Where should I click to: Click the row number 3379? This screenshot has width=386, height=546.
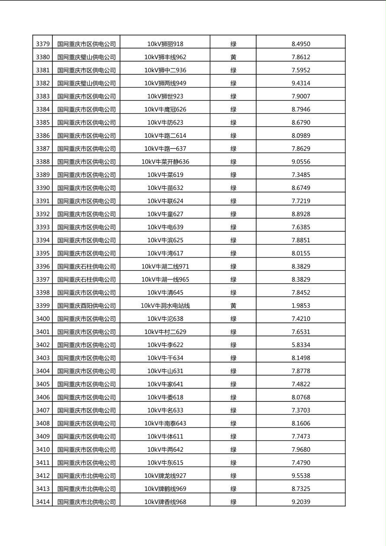tap(42, 44)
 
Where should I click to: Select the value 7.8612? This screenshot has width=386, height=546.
tap(301, 57)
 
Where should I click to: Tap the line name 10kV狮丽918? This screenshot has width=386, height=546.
tap(165, 44)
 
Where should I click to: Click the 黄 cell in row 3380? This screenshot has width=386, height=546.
tap(233, 57)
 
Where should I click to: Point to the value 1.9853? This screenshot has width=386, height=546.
tap(301, 305)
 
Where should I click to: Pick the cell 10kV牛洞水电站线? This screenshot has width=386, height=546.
tap(165, 305)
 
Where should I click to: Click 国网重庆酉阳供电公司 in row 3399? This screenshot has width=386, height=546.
tap(87, 305)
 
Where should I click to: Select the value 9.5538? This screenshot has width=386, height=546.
tap(301, 475)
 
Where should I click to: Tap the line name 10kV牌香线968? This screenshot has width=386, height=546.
tap(165, 502)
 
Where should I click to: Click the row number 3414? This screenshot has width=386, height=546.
tap(42, 502)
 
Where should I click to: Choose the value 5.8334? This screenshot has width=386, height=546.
tap(301, 345)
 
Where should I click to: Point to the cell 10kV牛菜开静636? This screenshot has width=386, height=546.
tap(165, 162)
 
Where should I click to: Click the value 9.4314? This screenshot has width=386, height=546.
tap(301, 83)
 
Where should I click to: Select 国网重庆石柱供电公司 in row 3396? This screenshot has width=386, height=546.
tap(87, 267)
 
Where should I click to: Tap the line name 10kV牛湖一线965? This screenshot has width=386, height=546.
tap(165, 279)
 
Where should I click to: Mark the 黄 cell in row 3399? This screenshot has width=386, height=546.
tap(233, 305)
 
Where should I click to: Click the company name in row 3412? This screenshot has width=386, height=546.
tap(87, 475)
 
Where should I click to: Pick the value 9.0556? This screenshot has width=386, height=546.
tap(301, 162)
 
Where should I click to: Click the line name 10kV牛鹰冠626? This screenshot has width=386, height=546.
tap(165, 109)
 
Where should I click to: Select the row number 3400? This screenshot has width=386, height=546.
tap(42, 319)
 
